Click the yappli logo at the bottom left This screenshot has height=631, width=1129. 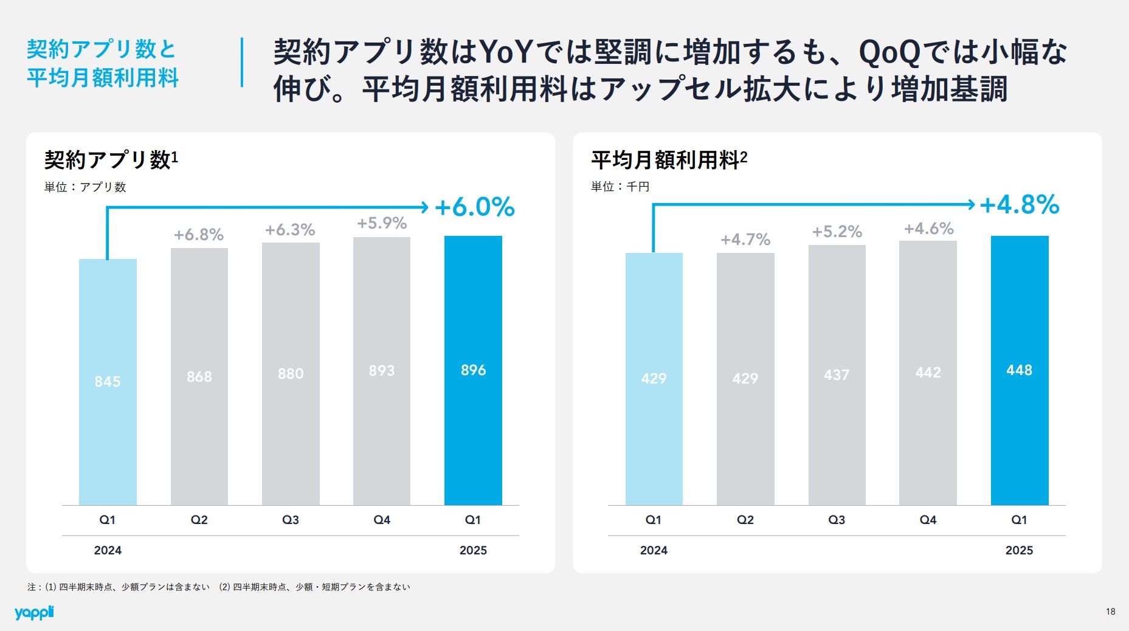click(34, 612)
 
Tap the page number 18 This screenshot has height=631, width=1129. click(1110, 612)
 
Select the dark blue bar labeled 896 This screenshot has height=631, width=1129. click(473, 370)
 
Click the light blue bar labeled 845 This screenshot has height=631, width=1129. click(108, 381)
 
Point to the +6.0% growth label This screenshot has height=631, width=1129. click(475, 207)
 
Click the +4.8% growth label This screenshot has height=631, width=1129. click(1020, 205)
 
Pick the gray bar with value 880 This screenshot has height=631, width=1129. click(291, 373)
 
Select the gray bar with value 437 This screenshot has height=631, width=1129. click(837, 374)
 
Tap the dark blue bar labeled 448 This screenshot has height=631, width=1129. click(1019, 370)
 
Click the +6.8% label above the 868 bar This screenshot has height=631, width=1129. click(199, 235)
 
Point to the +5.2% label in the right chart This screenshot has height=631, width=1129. click(837, 232)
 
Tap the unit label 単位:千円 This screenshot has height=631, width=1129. click(620, 187)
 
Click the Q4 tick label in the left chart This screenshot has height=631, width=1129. click(382, 520)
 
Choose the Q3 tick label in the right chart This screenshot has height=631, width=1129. click(837, 520)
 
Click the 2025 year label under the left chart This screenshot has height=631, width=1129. click(473, 550)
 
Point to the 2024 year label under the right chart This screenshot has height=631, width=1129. click(654, 550)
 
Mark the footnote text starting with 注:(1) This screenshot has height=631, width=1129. click(219, 587)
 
